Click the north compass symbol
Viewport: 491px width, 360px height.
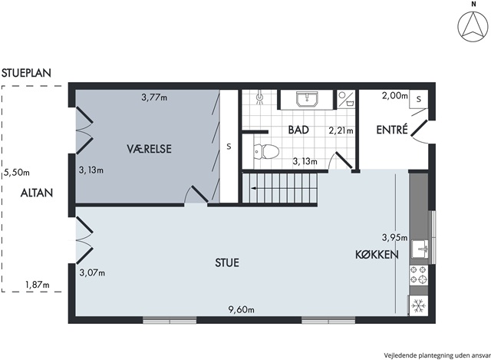click(x=473, y=27)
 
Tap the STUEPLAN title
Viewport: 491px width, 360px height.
click(x=26, y=73)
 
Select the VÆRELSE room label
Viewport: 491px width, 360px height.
click(x=150, y=148)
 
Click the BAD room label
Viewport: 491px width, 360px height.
click(x=298, y=130)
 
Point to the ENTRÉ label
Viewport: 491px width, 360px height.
click(x=392, y=130)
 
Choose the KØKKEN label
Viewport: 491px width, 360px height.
click(x=377, y=254)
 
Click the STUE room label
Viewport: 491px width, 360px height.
click(x=227, y=263)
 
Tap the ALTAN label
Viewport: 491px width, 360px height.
click(x=37, y=193)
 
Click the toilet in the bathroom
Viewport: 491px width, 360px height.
click(x=266, y=152)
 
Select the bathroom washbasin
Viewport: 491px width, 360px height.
click(x=307, y=99)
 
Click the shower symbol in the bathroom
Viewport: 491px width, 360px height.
click(x=259, y=97)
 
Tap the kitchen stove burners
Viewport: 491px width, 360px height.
click(x=418, y=275)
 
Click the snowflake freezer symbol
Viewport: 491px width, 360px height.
click(x=418, y=306)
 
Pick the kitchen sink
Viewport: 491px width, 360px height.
click(x=420, y=249)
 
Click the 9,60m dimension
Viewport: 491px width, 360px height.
click(x=242, y=310)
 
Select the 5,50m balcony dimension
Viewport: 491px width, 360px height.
click(x=17, y=173)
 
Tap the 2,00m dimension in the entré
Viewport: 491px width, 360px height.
click(x=395, y=95)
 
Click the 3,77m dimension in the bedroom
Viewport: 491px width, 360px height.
click(x=154, y=97)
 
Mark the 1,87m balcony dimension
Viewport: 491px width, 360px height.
click(x=38, y=285)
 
